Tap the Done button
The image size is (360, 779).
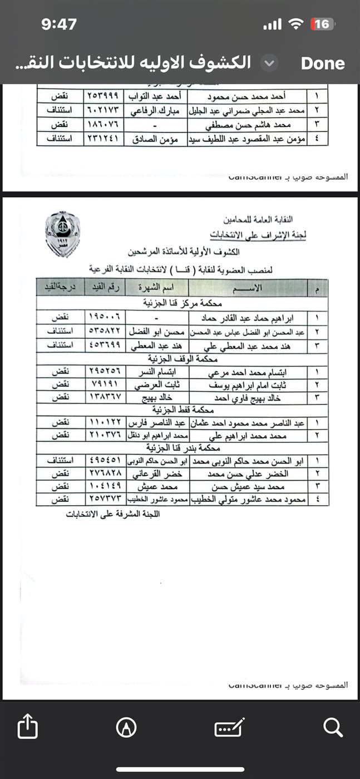(x=323, y=63)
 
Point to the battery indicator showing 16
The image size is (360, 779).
(x=322, y=24)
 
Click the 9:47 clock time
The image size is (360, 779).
(x=59, y=24)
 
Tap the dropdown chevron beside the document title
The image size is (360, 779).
(x=270, y=63)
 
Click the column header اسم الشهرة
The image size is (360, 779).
(x=157, y=288)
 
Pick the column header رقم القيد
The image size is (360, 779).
(x=104, y=288)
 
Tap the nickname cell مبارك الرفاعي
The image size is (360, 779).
(x=156, y=107)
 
